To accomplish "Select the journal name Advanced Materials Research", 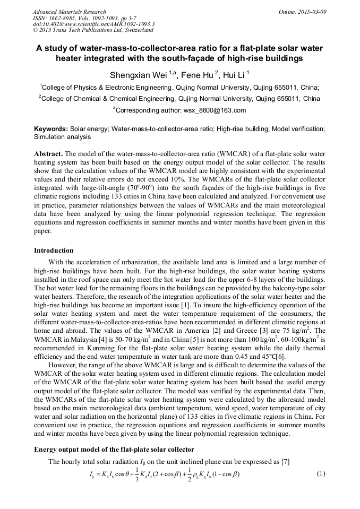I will click(x=70, y=12).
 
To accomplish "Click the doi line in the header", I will click(x=93, y=24).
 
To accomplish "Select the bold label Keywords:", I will click(x=51, y=129).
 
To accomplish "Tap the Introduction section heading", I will click(x=54, y=251).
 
